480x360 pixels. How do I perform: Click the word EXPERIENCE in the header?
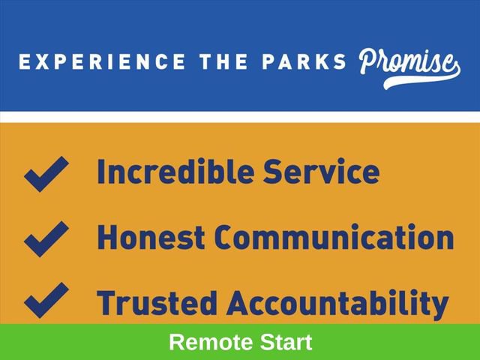tap(102, 61)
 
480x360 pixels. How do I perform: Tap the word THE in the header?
tap(223, 61)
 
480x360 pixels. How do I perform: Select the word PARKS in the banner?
tap(304, 61)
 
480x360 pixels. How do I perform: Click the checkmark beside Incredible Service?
tap(46, 174)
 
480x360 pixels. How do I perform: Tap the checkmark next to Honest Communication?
tap(46, 238)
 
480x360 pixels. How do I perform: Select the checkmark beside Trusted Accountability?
tap(46, 300)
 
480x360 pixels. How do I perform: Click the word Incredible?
tap(175, 171)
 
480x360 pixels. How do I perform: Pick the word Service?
tap(322, 171)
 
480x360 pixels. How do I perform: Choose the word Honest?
tap(151, 237)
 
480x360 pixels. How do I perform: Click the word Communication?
tap(334, 237)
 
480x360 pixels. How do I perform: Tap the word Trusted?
tap(157, 302)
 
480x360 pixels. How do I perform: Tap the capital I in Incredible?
tap(100, 172)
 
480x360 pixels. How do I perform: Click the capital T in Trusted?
tap(106, 302)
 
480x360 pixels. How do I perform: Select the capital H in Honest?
tap(107, 237)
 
